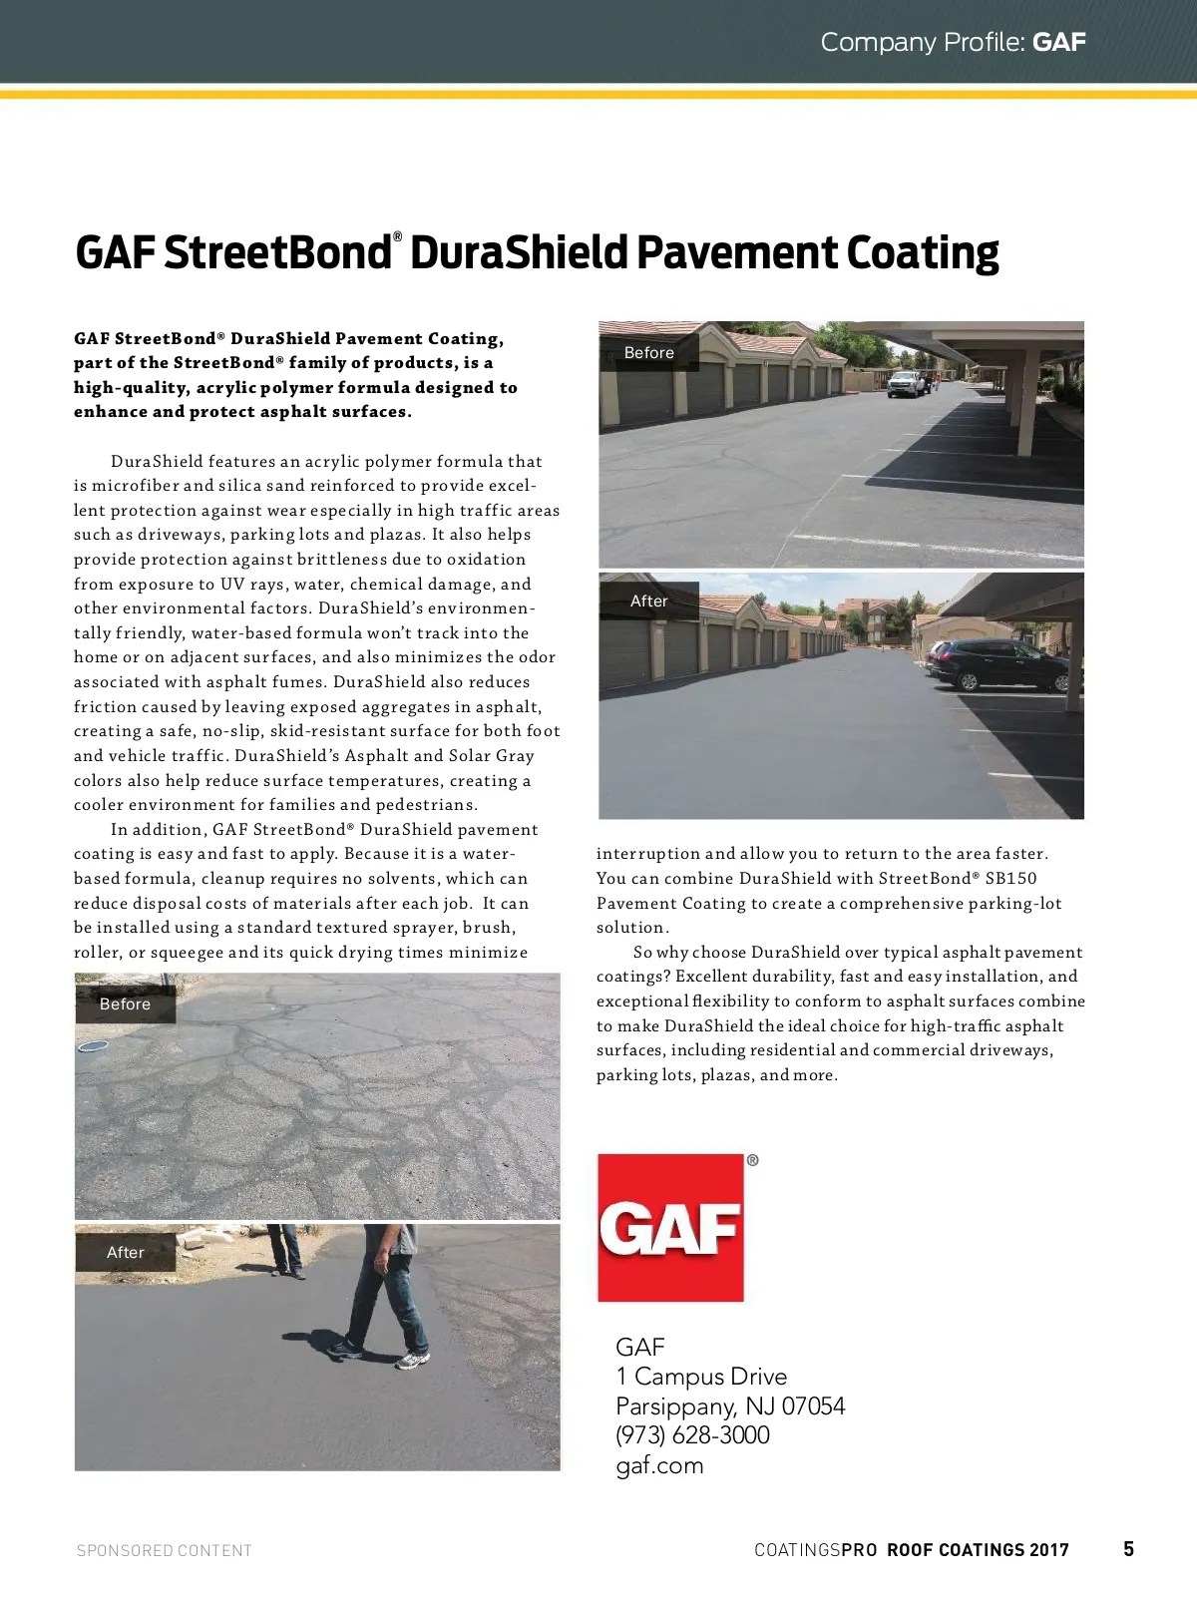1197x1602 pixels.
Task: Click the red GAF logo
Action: [670, 1227]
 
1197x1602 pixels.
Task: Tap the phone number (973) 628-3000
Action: [692, 1435]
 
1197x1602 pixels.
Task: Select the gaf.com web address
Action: [659, 1465]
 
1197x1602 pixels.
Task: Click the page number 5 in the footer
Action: [1128, 1548]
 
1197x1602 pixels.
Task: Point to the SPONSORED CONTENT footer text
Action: [165, 1550]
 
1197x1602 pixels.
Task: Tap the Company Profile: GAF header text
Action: [953, 42]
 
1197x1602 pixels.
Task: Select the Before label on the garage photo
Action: [648, 353]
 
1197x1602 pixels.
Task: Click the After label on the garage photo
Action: [648, 601]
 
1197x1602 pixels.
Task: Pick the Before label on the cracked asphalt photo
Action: [125, 1004]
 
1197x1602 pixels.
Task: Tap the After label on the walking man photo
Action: [126, 1252]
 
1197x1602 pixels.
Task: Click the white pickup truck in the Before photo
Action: [908, 383]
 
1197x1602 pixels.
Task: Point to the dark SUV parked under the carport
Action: [997, 664]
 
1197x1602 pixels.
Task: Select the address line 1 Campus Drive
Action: [701, 1377]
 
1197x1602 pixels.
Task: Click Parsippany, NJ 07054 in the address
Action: [730, 1406]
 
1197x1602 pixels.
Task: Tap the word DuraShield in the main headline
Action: [517, 253]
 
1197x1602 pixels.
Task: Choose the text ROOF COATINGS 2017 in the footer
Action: [978, 1550]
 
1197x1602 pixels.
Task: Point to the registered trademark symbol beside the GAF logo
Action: [752, 1160]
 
